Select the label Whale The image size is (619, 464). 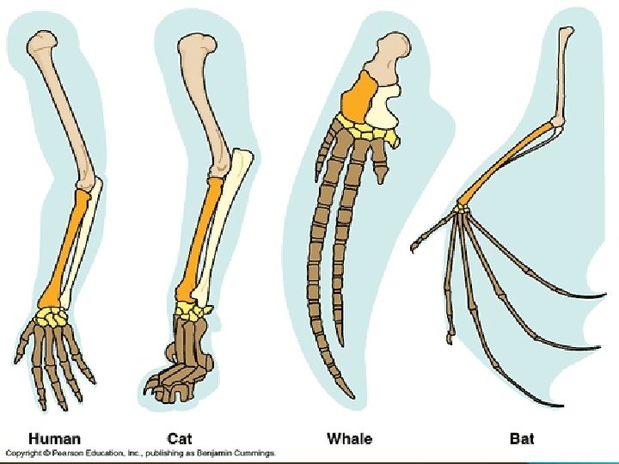[x=349, y=438]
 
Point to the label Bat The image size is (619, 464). [x=521, y=438]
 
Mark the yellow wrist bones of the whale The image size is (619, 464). [x=370, y=131]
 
